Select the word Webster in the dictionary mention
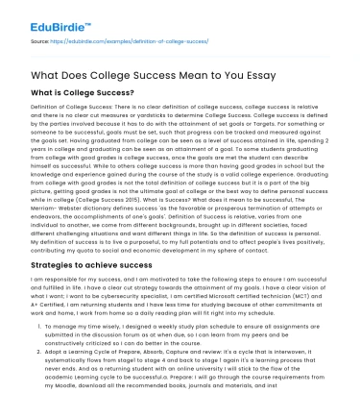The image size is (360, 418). coord(77,208)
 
